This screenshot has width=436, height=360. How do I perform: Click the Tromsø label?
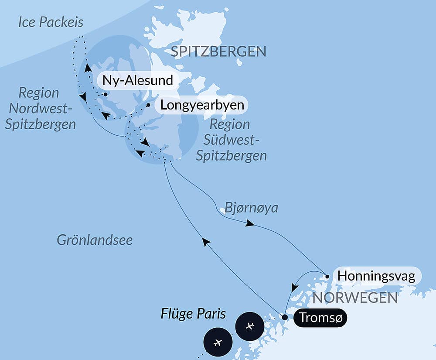(320, 319)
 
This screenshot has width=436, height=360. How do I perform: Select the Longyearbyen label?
(202, 105)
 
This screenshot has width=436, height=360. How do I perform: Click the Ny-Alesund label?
(137, 81)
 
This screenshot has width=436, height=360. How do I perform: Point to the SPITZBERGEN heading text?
(218, 52)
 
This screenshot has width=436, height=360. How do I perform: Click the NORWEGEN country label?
(355, 298)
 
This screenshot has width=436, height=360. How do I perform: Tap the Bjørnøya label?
(251, 208)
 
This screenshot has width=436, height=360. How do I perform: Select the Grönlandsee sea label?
(95, 240)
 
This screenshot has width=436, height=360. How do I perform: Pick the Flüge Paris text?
(193, 314)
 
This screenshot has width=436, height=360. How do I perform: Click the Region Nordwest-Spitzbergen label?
(40, 108)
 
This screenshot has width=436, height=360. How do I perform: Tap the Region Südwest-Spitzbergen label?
(231, 140)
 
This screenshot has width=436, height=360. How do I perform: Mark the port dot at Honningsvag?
(327, 276)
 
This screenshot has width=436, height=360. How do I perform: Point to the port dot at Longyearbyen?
(149, 105)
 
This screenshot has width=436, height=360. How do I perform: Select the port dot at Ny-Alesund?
(105, 94)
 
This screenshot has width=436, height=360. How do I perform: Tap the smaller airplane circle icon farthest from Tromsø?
(218, 342)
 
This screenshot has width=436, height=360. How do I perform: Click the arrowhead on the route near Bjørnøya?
(250, 223)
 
